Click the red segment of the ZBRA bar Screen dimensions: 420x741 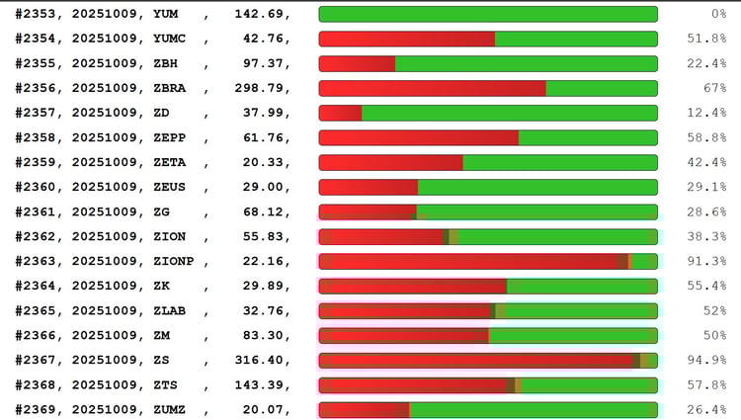coord(432,88)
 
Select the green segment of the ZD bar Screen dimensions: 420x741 coord(509,113)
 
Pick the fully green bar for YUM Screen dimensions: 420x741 coord(488,14)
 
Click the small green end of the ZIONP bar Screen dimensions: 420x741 coord(645,261)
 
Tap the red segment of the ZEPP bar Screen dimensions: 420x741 coord(418,137)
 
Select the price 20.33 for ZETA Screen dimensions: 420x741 coord(267,162)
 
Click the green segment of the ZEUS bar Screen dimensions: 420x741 coord(537,187)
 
